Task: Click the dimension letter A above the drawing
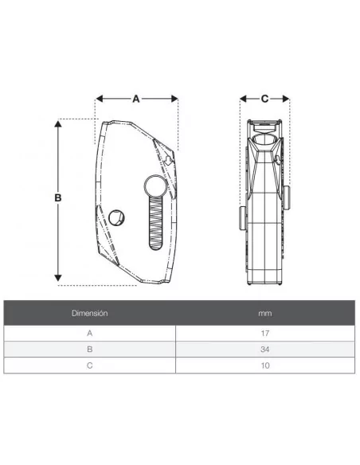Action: coord(136,99)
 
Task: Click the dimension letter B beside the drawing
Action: coord(58,197)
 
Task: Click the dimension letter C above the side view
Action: coord(264,99)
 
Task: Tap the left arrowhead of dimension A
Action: coord(100,99)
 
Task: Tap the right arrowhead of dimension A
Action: coord(174,99)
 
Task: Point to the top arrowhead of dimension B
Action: coord(58,123)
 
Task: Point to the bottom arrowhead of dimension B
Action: coord(58,278)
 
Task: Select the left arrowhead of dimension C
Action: coord(243,99)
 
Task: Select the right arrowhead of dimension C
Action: coord(286,99)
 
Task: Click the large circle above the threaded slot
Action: coord(155,186)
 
